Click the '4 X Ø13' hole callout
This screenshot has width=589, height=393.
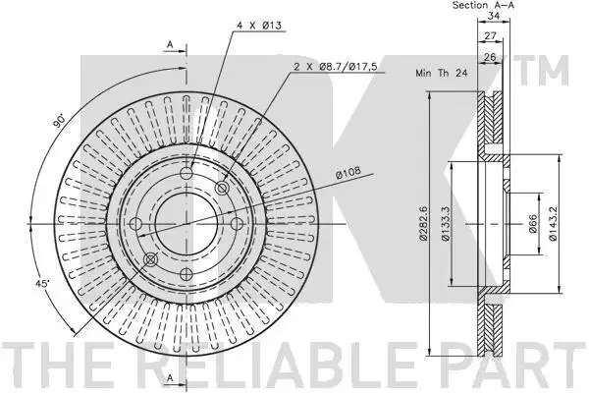click(259, 26)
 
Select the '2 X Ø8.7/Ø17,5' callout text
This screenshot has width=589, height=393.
click(335, 67)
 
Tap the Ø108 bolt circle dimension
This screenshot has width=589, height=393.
click(348, 172)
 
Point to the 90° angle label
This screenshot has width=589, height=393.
click(59, 120)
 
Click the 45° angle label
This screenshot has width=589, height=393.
click(42, 284)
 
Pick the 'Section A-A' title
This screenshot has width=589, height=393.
click(483, 5)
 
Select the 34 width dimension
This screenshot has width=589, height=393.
click(494, 16)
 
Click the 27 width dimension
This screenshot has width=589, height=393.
click(490, 36)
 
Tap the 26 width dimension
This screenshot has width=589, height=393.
click(490, 57)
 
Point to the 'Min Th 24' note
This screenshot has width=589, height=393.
click(442, 73)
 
